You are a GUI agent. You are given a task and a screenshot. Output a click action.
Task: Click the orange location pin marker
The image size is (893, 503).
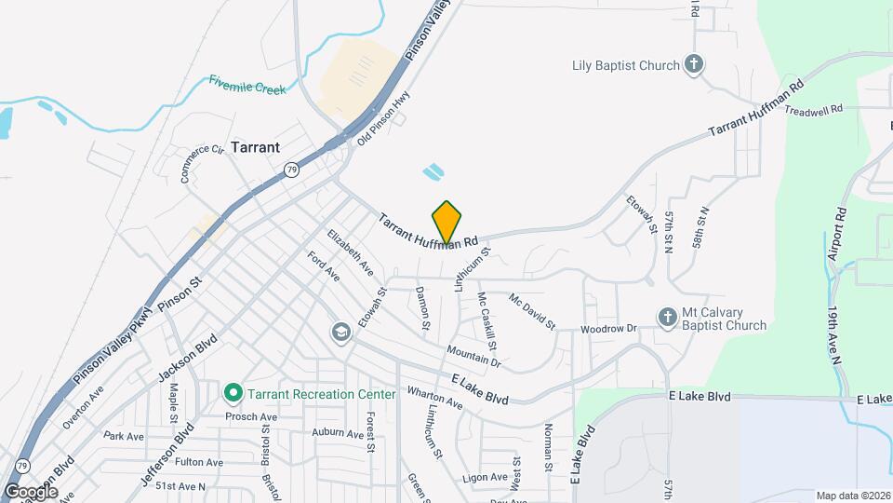[447, 222]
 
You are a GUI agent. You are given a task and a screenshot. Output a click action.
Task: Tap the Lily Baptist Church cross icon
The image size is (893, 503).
[693, 64]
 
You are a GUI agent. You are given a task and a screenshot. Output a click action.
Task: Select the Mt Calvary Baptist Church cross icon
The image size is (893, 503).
[667, 318]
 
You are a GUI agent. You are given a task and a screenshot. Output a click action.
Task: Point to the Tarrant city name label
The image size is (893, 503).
[255, 147]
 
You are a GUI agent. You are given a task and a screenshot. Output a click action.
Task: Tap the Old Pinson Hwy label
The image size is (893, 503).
[384, 122]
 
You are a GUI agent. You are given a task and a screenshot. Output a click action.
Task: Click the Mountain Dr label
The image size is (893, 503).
[473, 355]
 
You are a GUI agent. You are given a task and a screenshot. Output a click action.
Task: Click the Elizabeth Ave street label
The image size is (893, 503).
[350, 252]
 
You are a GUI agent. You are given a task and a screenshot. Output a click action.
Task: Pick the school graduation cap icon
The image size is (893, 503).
[341, 333]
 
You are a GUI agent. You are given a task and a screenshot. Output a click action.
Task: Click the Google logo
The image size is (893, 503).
[31, 491]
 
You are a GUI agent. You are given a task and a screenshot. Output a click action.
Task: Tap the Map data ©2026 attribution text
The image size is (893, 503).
[853, 496]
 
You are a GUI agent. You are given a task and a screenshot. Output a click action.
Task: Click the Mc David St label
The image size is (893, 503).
[531, 311]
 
